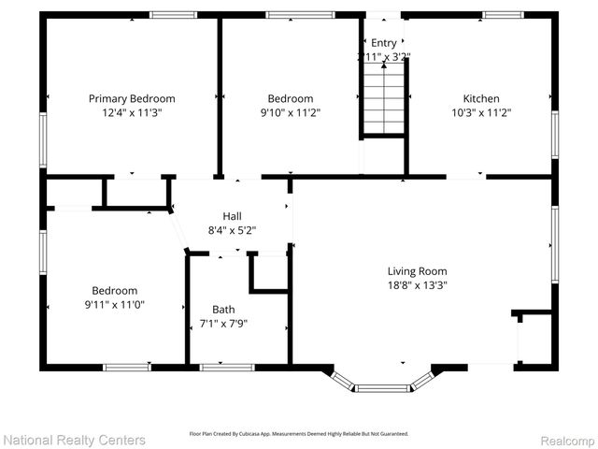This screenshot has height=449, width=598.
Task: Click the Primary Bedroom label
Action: pos(132,98)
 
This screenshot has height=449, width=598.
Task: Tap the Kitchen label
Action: pos(481,98)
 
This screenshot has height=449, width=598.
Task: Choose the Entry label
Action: pos(384,43)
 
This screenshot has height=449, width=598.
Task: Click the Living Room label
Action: pos(418,271)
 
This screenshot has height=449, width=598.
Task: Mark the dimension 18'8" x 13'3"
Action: pos(418,285)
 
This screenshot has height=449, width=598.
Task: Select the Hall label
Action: pos(232,216)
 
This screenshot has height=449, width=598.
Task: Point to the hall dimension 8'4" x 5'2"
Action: pos(232,230)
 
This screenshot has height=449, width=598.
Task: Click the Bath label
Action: pos(223,310)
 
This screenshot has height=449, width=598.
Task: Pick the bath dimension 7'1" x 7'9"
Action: pos(223,325)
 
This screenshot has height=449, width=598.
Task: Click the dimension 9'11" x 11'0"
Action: pos(114,305)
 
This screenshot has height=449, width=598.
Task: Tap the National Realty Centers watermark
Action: pos(75,439)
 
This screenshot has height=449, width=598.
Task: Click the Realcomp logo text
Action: pos(562,439)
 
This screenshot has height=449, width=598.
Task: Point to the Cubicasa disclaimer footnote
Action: pos(299,433)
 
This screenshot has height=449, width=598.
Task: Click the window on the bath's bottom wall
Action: pos(227,368)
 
